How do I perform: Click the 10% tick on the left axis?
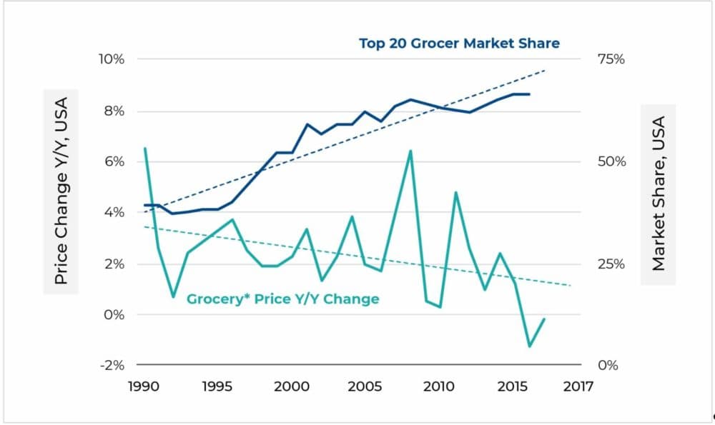111,59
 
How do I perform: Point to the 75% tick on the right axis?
610,59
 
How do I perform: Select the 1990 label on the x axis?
145,386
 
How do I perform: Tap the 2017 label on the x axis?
578,386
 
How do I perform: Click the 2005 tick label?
365,386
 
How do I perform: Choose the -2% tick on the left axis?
111,365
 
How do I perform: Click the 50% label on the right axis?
610,161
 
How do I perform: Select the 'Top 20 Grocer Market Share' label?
459,44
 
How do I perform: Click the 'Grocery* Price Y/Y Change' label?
282,299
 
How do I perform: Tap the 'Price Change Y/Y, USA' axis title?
61,191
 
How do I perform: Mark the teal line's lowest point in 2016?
530,346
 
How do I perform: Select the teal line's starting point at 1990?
145,149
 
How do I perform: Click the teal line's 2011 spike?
455,192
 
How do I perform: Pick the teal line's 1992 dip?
174,296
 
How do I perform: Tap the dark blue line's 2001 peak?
307,124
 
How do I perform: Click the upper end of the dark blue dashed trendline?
545,70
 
